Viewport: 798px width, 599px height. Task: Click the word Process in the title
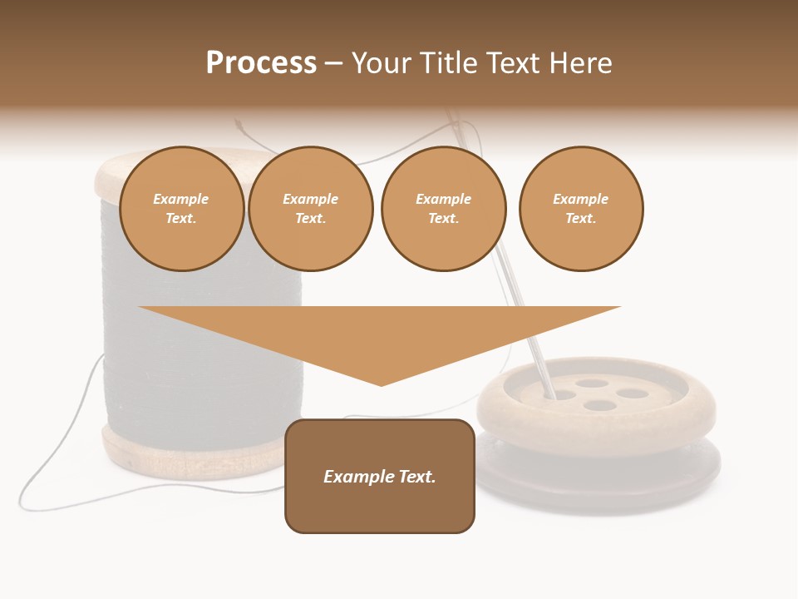(261, 63)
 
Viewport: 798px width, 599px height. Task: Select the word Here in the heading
(579, 63)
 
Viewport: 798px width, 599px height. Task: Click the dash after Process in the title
(333, 64)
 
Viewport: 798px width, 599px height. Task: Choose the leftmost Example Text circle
(181, 209)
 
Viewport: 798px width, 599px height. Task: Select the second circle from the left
(310, 209)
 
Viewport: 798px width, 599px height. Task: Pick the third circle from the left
(443, 209)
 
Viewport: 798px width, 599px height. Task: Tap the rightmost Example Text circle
(580, 209)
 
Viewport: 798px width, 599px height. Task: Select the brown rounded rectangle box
(380, 507)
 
